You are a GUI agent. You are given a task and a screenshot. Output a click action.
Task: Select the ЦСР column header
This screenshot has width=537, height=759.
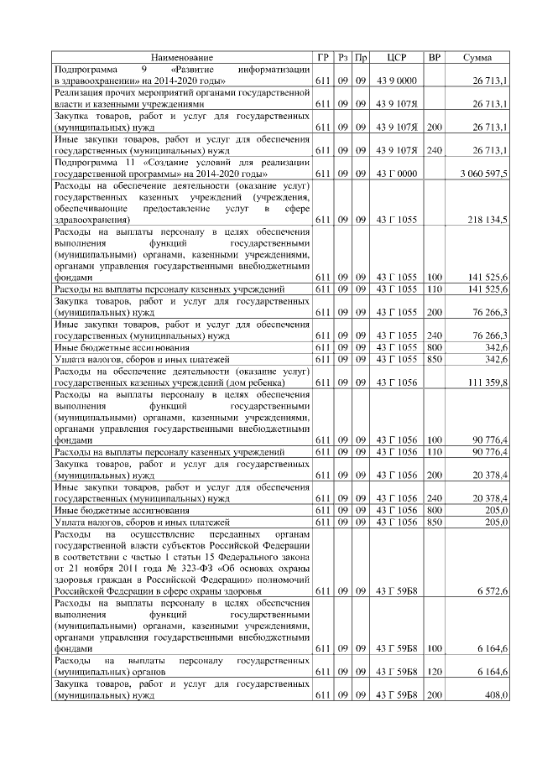click(396, 57)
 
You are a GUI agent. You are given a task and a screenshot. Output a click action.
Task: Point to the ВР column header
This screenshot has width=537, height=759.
click(435, 57)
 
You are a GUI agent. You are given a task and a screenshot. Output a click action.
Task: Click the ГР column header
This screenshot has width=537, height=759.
click(323, 57)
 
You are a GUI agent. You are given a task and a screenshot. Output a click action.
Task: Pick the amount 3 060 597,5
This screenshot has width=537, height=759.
click(484, 173)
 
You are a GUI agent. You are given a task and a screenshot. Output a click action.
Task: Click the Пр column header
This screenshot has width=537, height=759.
click(360, 57)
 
